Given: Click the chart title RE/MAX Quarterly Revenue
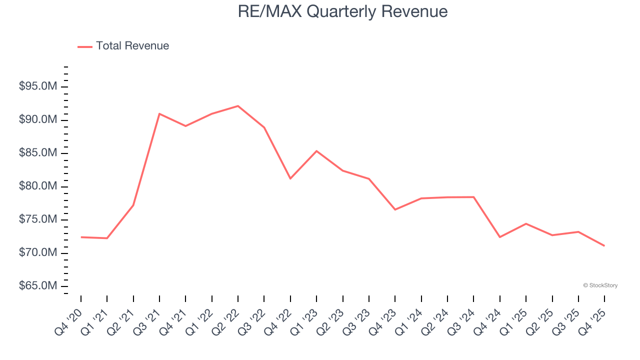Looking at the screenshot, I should (342, 11).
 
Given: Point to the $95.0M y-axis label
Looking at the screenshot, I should (38, 87).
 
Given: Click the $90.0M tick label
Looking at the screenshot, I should (38, 120).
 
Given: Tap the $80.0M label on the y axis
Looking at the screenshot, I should (38, 186).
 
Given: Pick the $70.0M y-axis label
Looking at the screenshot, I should (38, 253).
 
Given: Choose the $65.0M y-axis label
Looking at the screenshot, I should (38, 286).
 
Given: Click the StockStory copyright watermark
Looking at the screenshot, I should (600, 285).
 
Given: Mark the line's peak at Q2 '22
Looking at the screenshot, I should (238, 106).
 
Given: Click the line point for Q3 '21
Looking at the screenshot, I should (159, 114).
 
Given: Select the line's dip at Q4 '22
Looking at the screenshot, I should (290, 178).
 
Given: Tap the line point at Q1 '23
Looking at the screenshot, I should (316, 151).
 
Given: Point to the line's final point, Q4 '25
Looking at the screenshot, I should (604, 245).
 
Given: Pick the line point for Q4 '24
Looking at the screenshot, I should (500, 237).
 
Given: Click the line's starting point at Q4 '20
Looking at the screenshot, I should (81, 237).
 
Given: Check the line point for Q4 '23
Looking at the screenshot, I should (395, 209).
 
